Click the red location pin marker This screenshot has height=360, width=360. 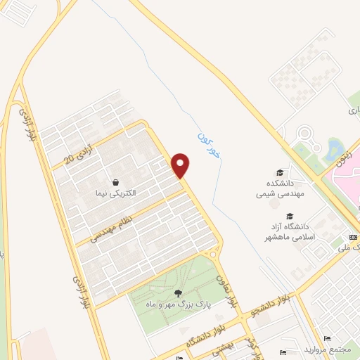[181, 165]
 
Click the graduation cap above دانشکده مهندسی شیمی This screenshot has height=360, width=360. [280, 172]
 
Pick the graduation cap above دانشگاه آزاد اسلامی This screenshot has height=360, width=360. [289, 216]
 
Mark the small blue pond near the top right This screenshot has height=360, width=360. [333, 147]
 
